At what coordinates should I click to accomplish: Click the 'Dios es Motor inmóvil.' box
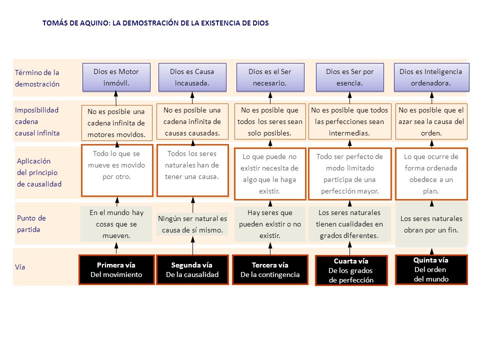116,77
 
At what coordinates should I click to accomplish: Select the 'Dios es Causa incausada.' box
192,77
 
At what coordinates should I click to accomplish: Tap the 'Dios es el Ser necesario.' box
270,77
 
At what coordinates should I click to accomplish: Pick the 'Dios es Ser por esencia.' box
350,77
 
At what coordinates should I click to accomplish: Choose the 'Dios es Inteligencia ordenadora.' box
430,77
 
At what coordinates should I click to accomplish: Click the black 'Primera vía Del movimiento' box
116,269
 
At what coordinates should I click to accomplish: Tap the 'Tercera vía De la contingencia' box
270,269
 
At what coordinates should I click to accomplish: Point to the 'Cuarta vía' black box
351,270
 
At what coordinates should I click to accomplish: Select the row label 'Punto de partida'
31,223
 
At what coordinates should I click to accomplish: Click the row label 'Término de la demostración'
37,78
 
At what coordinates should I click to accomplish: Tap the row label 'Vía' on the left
20,267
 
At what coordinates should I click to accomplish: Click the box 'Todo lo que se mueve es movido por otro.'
116,170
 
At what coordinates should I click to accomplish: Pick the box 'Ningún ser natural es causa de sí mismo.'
192,224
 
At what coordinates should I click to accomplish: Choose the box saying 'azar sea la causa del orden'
431,121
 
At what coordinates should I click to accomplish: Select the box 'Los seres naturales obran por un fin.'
431,224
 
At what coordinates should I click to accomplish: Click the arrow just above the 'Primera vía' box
116,248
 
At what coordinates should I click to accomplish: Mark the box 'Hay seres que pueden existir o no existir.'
270,223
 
